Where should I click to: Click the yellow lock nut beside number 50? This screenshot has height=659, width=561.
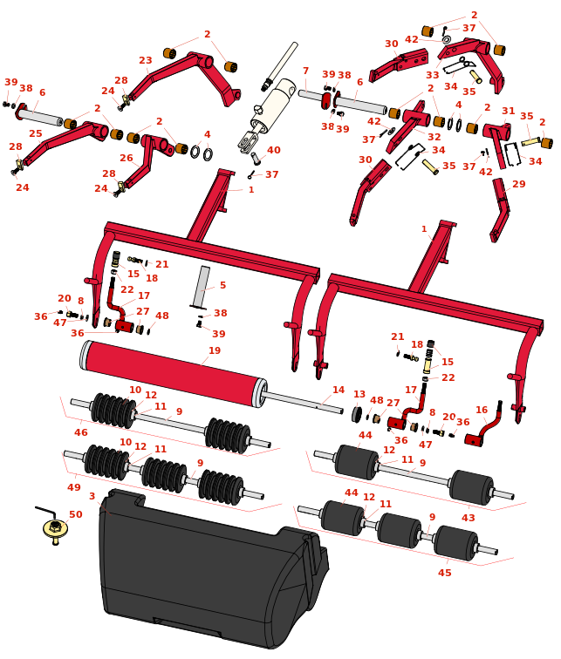(x=55, y=528)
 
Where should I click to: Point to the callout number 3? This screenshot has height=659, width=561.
(x=92, y=496)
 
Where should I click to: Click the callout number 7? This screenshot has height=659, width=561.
(x=305, y=71)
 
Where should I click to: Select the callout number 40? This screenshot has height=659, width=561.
(x=273, y=150)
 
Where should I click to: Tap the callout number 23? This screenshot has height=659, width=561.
(x=146, y=60)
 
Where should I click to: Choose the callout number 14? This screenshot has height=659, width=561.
(x=339, y=390)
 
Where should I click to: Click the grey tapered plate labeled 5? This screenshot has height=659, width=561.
(x=202, y=286)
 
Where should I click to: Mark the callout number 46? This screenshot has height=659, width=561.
(x=81, y=432)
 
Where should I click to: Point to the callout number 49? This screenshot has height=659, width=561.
(x=74, y=487)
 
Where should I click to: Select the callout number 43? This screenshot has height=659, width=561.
(x=469, y=518)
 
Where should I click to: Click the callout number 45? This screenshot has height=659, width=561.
(x=445, y=573)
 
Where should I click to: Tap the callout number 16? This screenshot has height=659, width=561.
(x=482, y=410)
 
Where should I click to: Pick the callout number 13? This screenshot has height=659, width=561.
(x=359, y=394)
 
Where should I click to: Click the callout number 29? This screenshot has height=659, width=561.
(x=519, y=185)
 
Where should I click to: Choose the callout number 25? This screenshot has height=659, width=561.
(x=35, y=133)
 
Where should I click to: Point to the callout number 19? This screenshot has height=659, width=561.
(x=215, y=350)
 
